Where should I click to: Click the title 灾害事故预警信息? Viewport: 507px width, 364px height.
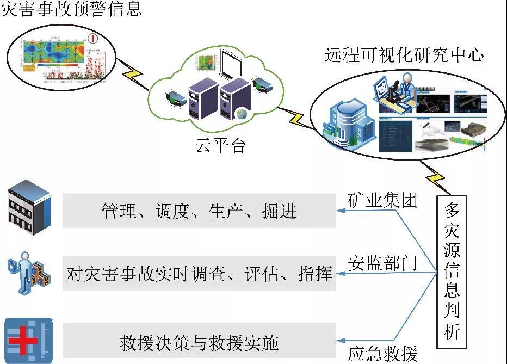pos(71,9)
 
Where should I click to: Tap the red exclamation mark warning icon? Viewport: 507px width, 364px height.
pos(94,39)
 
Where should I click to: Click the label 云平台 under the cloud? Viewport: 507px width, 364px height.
pos(221,146)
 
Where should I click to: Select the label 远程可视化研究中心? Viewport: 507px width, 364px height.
pos(404,55)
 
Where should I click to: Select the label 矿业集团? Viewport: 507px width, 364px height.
pos(382,201)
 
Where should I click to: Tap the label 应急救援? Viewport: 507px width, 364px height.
pos(382,354)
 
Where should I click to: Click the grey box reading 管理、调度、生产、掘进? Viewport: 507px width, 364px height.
pos(199,211)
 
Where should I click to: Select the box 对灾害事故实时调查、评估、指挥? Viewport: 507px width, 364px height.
pos(199,273)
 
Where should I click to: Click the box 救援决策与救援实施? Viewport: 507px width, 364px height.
pos(199,343)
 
